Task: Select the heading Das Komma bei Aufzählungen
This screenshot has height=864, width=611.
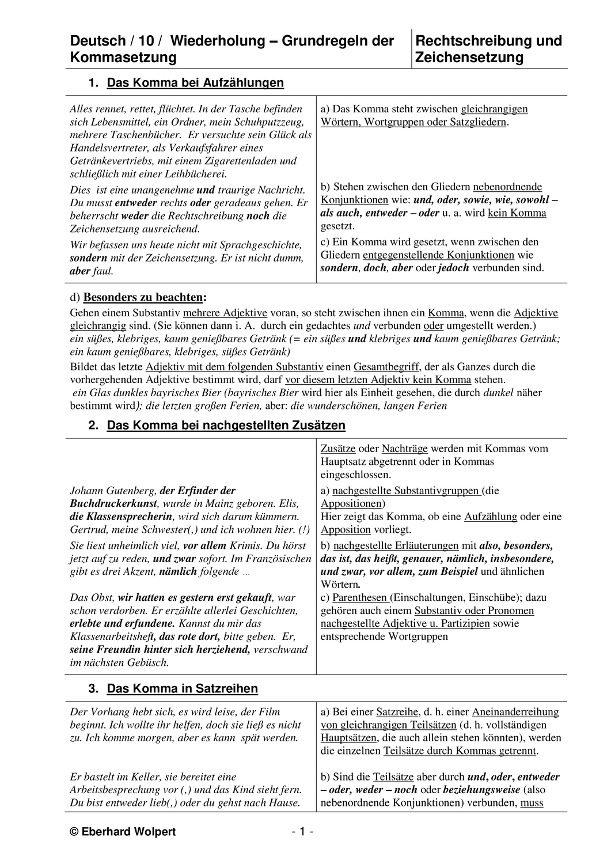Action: point(195,83)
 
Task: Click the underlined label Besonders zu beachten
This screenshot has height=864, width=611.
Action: point(143,298)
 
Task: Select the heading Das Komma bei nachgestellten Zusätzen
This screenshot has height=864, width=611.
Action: point(226,426)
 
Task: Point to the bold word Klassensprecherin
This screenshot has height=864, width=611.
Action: point(129,517)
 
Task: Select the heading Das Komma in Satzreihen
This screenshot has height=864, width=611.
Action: point(183,689)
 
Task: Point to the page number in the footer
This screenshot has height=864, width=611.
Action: point(302,832)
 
